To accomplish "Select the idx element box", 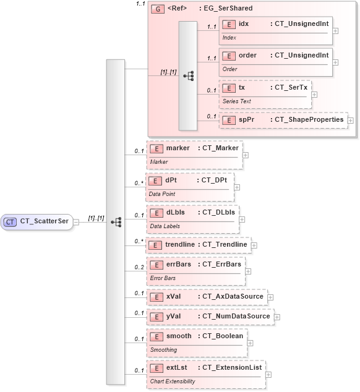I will [x=276, y=29].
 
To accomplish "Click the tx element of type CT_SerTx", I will [x=265, y=93].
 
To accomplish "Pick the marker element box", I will [x=194, y=154].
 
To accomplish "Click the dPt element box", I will [x=189, y=185].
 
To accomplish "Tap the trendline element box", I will [x=197, y=245].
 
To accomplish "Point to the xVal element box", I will [x=206, y=297].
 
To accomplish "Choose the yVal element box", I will [x=209, y=317].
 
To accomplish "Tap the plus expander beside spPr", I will [x=351, y=120].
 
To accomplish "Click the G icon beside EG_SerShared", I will [x=158, y=9].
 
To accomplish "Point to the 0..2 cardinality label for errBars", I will [x=139, y=267].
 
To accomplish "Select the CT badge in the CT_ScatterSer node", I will [x=11, y=221].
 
